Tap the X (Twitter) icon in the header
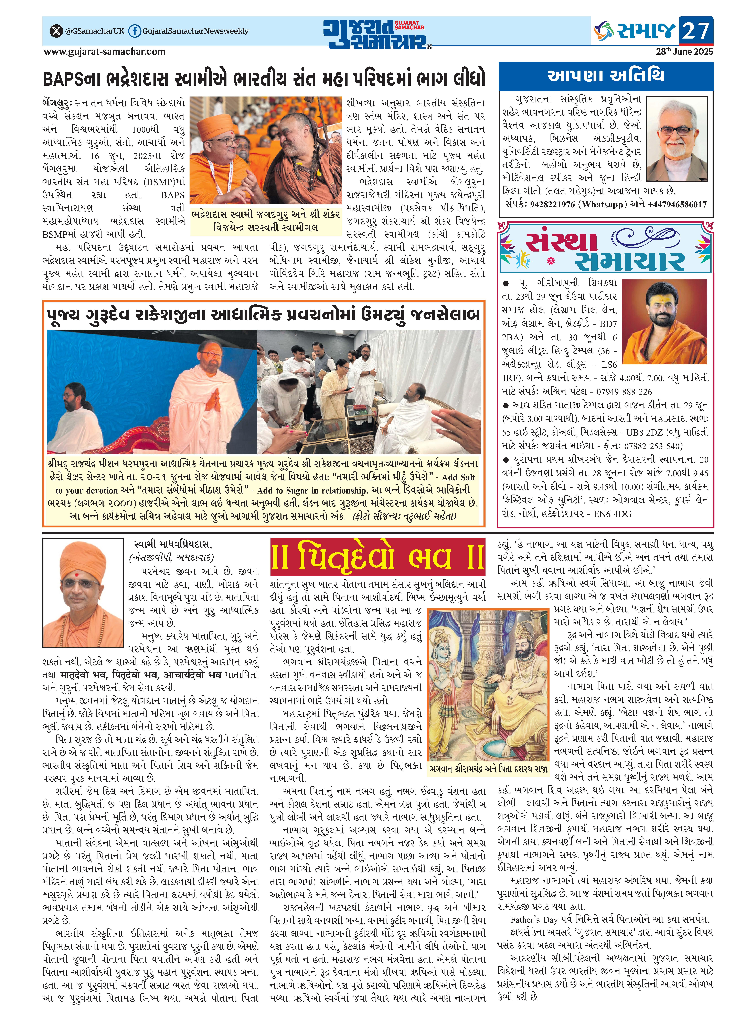[x=56, y=31]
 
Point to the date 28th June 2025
[x=684, y=51]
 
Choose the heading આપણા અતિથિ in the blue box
[x=605, y=75]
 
